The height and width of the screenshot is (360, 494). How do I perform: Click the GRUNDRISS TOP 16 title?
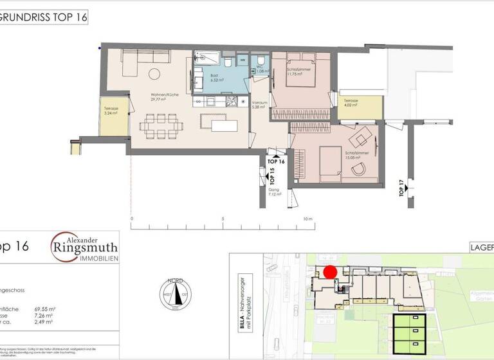point(43,17)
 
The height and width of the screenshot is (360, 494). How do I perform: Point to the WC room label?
point(261,71)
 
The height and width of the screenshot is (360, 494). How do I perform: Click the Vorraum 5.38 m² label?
point(260,105)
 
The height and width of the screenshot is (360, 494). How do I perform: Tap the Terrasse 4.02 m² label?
point(351,104)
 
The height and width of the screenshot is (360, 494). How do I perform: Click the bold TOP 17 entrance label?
point(402,190)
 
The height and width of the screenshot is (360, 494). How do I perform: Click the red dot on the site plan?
point(330,272)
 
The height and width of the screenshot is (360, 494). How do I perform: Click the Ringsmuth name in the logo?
point(84,247)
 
